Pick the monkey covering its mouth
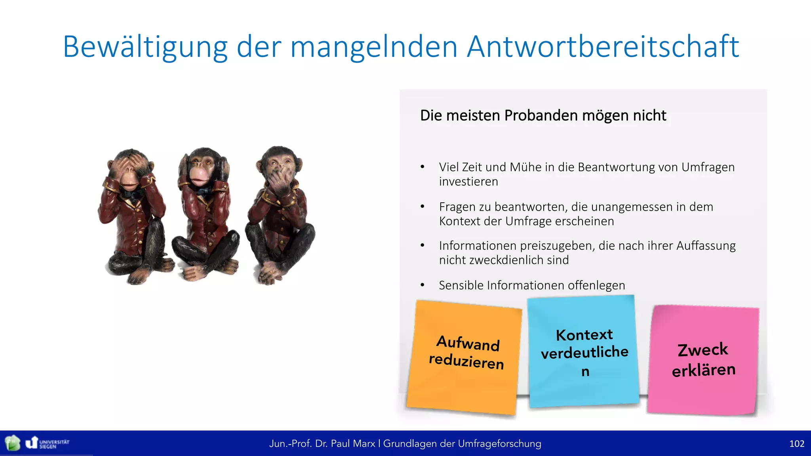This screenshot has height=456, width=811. [280, 214]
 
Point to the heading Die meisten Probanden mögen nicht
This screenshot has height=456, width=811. [543, 116]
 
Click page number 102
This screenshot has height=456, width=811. [796, 444]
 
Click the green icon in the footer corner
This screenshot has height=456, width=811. [12, 443]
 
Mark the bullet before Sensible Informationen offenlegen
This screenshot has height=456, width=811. [423, 285]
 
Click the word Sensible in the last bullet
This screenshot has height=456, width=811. [461, 285]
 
